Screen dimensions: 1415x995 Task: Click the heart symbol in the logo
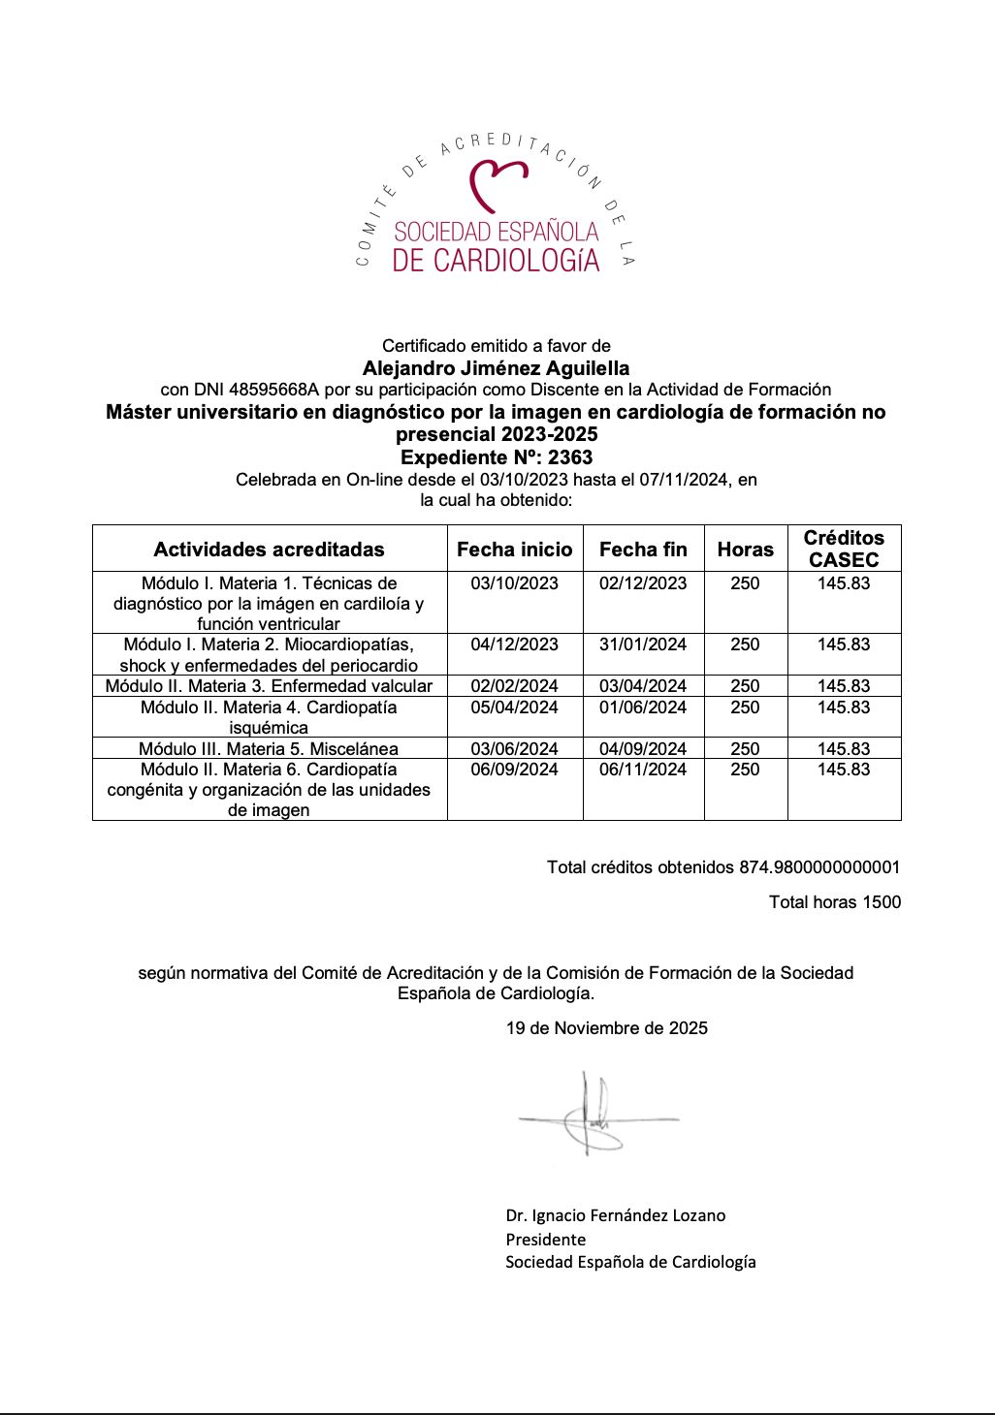pyautogui.click(x=497, y=184)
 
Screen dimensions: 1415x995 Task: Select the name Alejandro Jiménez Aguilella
pyautogui.click(x=496, y=368)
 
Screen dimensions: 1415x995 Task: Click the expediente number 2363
pyautogui.click(x=570, y=457)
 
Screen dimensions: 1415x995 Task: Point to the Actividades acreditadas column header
pyautogui.click(x=269, y=550)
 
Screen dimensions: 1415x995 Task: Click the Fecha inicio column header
pyautogui.click(x=515, y=550)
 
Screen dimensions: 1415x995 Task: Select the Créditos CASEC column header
pyautogui.click(x=844, y=549)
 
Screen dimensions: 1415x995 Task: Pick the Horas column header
pyautogui.click(x=745, y=550)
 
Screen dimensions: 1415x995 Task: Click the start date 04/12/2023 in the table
pyautogui.click(x=515, y=645)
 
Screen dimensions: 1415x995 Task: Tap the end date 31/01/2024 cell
pyautogui.click(x=643, y=645)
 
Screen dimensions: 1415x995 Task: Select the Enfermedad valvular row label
pyautogui.click(x=269, y=686)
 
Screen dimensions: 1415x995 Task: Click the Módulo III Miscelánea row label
pyautogui.click(x=269, y=748)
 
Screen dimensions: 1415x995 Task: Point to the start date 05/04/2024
pyautogui.click(x=515, y=707)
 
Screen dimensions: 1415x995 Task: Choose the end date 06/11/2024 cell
pyautogui.click(x=643, y=770)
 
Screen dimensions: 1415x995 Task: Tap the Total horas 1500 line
pyautogui.click(x=835, y=902)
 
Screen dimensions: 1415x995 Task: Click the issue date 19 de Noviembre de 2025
pyautogui.click(x=607, y=1028)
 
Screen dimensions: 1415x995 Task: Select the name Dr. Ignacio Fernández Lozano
pyautogui.click(x=615, y=1215)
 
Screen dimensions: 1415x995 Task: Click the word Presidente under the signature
pyautogui.click(x=545, y=1240)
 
